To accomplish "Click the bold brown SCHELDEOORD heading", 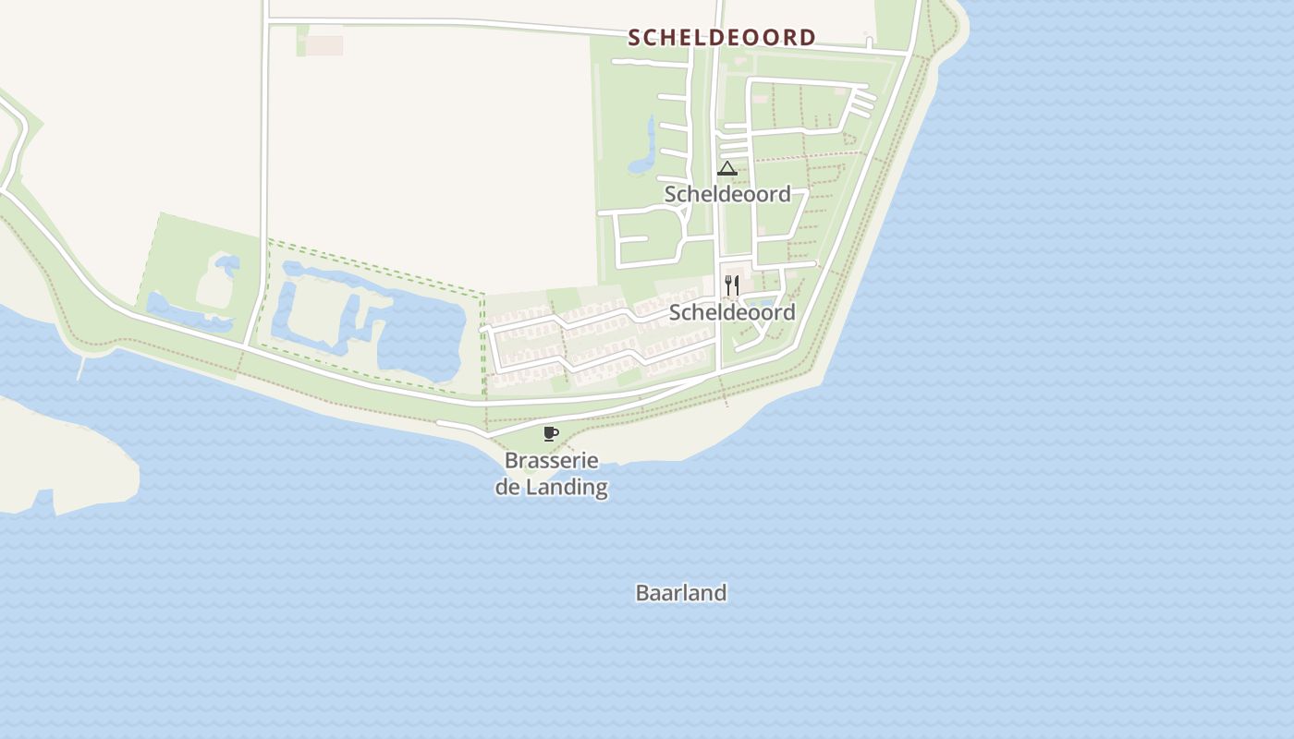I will pyautogui.click(x=722, y=38).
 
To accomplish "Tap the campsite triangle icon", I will pyautogui.click(x=727, y=169).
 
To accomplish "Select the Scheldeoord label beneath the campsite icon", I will pyautogui.click(x=727, y=194).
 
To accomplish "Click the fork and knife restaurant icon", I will pyautogui.click(x=732, y=285).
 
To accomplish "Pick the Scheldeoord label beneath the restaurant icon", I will pyautogui.click(x=732, y=312).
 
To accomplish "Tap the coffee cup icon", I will pyautogui.click(x=551, y=433).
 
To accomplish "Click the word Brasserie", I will pyautogui.click(x=552, y=460).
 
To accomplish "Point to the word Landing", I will pyautogui.click(x=567, y=487).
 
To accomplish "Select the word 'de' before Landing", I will pyautogui.click(x=507, y=487).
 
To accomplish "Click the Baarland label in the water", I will pyautogui.click(x=681, y=593).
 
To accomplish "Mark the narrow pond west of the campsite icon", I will pyautogui.click(x=644, y=152).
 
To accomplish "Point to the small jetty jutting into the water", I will pyautogui.click(x=81, y=369).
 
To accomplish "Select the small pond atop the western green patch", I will pyautogui.click(x=226, y=265).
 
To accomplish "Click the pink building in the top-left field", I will pyautogui.click(x=324, y=45).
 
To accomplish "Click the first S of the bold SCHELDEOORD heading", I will pyautogui.click(x=634, y=38).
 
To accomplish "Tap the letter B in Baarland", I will pyautogui.click(x=642, y=593).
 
